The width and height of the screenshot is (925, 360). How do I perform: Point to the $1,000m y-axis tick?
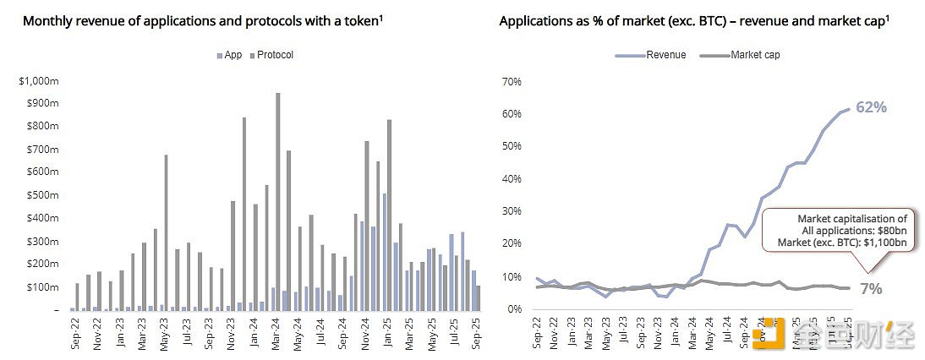[x=38, y=80]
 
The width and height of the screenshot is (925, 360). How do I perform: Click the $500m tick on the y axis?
[x=41, y=195]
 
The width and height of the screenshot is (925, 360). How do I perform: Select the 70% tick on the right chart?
[x=512, y=81]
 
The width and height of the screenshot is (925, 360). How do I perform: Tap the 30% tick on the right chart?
[x=512, y=211]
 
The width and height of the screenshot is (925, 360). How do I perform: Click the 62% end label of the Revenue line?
[x=870, y=107]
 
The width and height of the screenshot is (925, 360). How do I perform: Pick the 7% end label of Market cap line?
[x=871, y=289]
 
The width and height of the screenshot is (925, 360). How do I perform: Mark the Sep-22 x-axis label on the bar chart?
[x=76, y=334]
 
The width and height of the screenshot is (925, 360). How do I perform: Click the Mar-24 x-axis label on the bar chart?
[x=275, y=334]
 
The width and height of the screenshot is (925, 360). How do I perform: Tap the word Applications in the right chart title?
[x=534, y=20]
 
